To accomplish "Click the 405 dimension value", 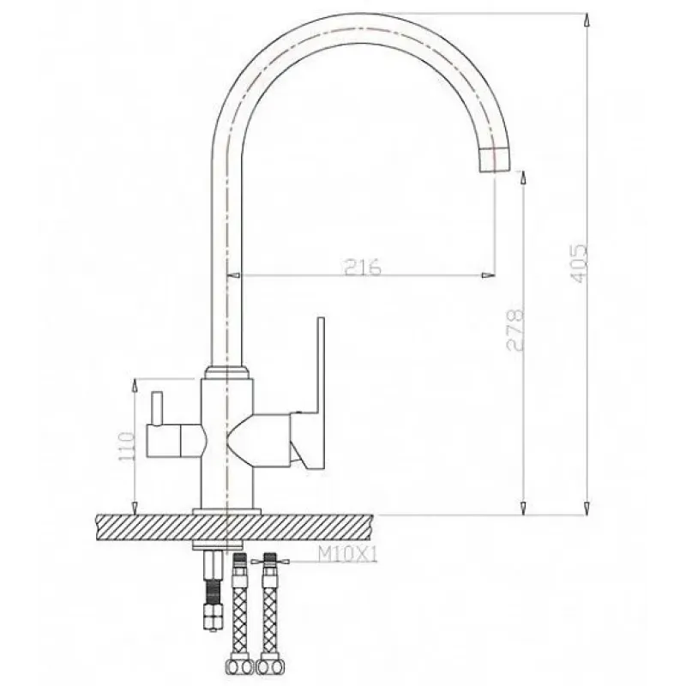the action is tap(580, 263).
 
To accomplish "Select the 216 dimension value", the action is tap(363, 267).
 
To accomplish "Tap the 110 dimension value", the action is tap(125, 446).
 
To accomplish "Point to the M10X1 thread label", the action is tap(347, 555).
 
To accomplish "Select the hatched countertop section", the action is tap(234, 528).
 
